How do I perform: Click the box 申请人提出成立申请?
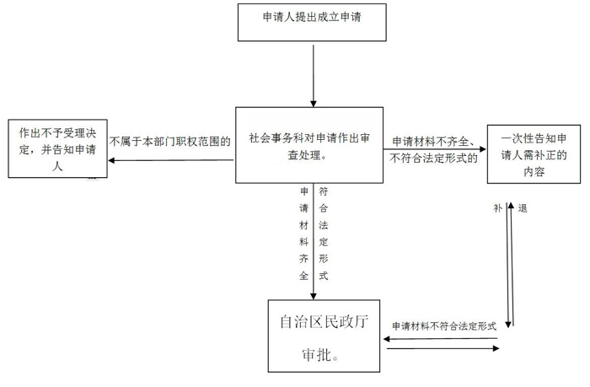[x=314, y=21]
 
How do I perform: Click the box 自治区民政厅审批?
[x=324, y=335]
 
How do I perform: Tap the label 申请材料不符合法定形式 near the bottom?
[x=442, y=325]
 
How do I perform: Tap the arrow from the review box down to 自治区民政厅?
[x=314, y=245]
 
